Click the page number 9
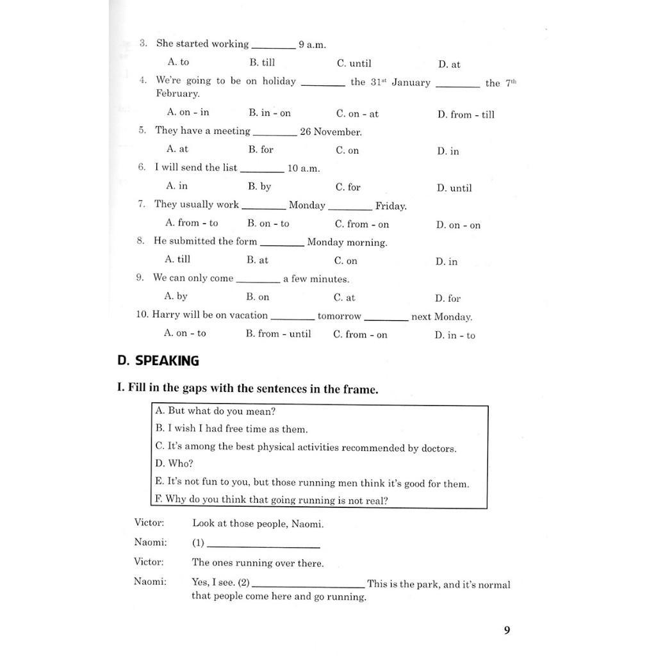507,630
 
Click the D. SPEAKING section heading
158,361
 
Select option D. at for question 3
449,65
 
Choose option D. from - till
466,115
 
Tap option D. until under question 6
454,188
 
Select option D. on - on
458,225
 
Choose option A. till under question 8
177,259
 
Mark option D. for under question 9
448,299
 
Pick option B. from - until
278,334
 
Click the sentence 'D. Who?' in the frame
174,464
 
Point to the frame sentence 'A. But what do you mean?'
215,411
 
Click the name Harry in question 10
166,315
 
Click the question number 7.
141,205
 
